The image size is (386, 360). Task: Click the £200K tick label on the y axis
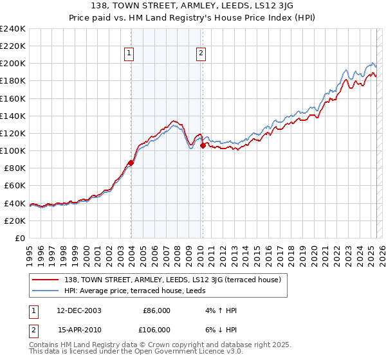coord(13,64)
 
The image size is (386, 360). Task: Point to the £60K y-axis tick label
coord(15,186)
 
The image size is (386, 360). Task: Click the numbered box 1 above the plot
coord(130,53)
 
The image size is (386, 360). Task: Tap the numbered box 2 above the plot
coord(201,53)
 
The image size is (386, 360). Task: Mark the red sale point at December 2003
coord(131,163)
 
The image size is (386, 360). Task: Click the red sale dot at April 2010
coord(203,146)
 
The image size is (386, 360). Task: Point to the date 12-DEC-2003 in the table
coord(79,310)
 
